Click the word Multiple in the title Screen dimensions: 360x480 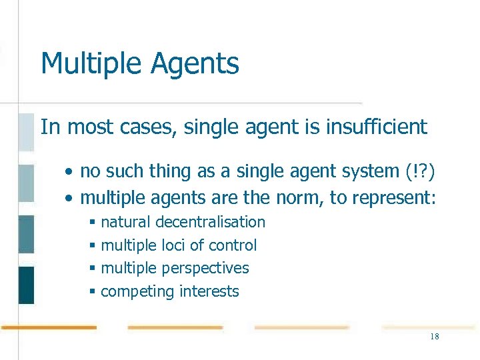[x=91, y=64]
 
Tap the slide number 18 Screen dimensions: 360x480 [x=434, y=337]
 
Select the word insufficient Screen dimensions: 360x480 [x=376, y=127]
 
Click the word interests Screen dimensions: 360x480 [x=208, y=291]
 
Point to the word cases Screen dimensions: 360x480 [x=146, y=127]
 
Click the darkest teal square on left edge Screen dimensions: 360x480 [x=26, y=285]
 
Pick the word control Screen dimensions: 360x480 [x=233, y=245]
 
